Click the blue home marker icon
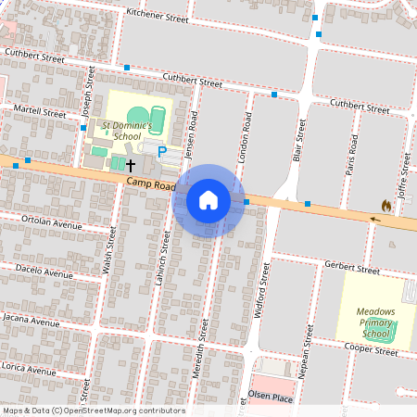[x=208, y=200]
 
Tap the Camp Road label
[x=151, y=186]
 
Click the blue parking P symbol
[x=162, y=151]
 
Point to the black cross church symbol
[x=131, y=165]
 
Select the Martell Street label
[x=42, y=112]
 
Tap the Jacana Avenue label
[x=36, y=321]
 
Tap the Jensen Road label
[x=194, y=133]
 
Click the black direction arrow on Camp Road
[x=375, y=220]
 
